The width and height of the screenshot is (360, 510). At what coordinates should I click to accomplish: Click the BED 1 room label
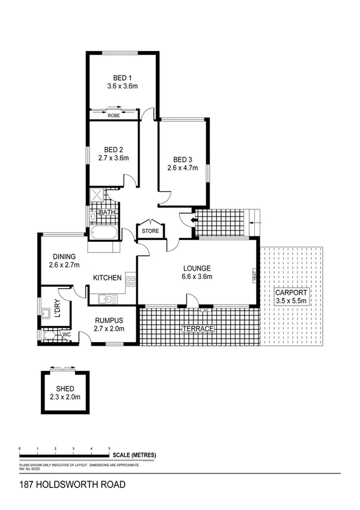[123, 77]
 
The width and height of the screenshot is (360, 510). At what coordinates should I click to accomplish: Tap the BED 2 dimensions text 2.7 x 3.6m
[114, 159]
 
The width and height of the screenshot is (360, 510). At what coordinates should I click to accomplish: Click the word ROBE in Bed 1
[114, 115]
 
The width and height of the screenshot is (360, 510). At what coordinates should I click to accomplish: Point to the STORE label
[150, 230]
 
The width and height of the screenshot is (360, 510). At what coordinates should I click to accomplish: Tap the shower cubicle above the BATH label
[96, 196]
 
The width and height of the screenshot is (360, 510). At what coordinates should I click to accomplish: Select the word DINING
[63, 255]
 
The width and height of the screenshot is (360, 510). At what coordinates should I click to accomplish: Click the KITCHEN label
[108, 278]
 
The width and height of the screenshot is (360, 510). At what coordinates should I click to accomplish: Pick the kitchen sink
[106, 298]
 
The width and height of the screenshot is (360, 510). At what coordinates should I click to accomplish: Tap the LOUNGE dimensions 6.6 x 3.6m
[197, 277]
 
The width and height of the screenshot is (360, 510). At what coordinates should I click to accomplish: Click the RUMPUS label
[108, 320]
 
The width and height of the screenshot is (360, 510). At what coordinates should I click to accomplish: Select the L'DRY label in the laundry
[58, 309]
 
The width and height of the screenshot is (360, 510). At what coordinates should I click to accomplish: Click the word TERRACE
[198, 329]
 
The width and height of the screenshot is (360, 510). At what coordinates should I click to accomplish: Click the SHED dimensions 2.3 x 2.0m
[65, 397]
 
